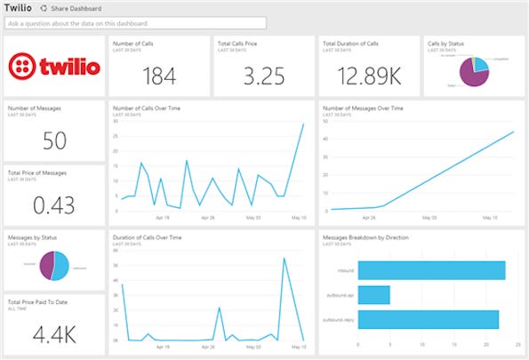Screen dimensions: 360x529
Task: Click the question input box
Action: pos(134,23)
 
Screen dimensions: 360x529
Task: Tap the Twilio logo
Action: pos(53,67)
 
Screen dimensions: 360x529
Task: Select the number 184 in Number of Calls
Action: pos(159,76)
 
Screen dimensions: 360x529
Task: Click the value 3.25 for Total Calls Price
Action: pos(263,76)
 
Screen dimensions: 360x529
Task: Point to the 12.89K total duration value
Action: pos(368,76)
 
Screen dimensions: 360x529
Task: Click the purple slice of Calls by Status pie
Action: pos(465,79)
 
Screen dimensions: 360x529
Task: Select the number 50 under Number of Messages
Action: pos(53,140)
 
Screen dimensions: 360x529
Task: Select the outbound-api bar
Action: pos(373,293)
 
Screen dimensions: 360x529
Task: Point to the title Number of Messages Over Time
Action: pos(364,108)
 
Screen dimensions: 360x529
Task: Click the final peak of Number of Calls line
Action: pos(303,124)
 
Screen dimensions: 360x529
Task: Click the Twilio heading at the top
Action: pos(19,7)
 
